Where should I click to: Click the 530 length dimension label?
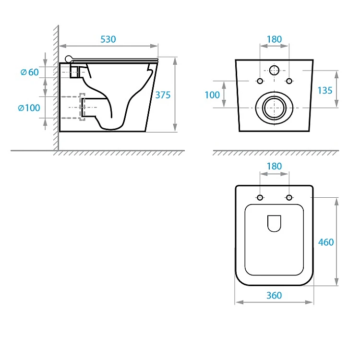[108, 39]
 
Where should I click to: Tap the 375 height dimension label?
[163, 95]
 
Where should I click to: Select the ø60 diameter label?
[30, 72]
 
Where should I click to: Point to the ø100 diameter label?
[29, 108]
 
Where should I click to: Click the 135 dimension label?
[324, 90]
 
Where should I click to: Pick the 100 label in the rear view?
[212, 95]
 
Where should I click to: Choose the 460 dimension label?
[326, 242]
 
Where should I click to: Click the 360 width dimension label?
[274, 296]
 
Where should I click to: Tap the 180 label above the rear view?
[274, 39]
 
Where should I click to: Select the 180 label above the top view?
[274, 166]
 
